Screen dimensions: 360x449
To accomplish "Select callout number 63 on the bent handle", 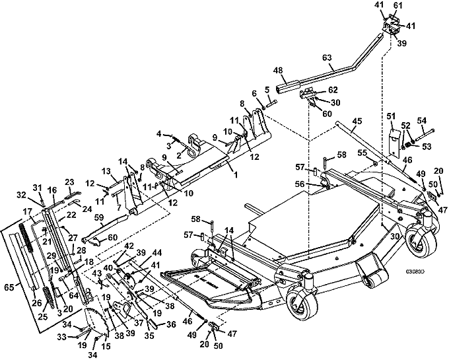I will (344, 58).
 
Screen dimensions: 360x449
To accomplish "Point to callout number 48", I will (278, 70).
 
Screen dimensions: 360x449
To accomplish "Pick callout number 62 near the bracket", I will (333, 89).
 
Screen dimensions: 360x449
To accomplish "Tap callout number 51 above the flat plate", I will (391, 117).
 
